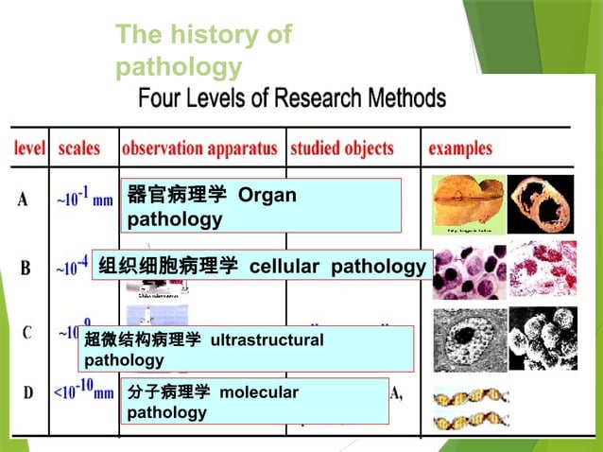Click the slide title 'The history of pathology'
pos(203,51)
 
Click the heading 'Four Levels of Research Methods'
pos(292,97)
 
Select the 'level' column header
pos(30,148)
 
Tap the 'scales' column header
pos(79,148)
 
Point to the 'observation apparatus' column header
pos(199,148)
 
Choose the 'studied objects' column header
pos(341,148)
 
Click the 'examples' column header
pos(460,148)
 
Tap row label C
pos(28,333)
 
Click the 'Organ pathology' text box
pos(260,206)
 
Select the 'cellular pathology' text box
pos(262,267)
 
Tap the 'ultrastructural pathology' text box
pos(247,349)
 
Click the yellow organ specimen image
pos(466,202)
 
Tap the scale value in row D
pos(83,389)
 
